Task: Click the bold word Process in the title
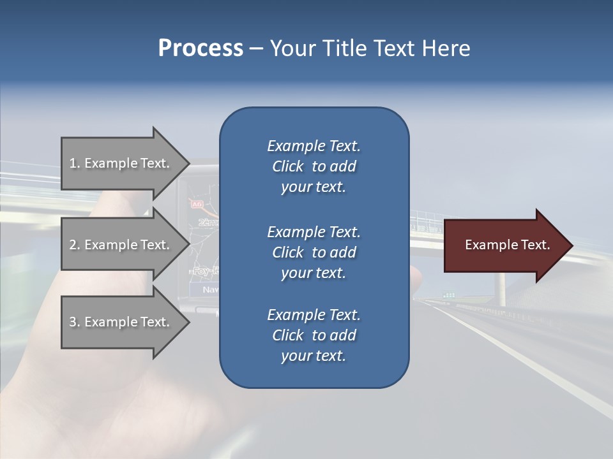point(201,48)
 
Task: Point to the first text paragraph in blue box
point(314,166)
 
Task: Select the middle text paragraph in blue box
point(314,252)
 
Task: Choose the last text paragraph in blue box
point(314,335)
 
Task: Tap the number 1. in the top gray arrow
point(75,163)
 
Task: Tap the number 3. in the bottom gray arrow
point(75,322)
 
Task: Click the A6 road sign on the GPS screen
point(196,204)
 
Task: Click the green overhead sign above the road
point(450,295)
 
